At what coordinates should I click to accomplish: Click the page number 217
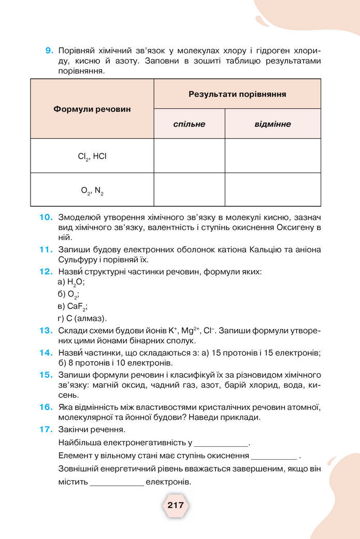176,505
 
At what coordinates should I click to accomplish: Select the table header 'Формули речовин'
92,109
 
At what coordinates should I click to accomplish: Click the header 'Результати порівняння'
237,94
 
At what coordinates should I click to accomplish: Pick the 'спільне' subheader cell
189,124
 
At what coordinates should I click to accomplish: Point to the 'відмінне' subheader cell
272,124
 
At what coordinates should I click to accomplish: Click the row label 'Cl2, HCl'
92,156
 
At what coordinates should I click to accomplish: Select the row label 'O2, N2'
92,190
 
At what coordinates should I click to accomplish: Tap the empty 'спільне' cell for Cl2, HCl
189,155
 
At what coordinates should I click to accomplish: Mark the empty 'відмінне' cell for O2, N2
272,190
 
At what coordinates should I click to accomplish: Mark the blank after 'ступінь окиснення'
274,457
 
